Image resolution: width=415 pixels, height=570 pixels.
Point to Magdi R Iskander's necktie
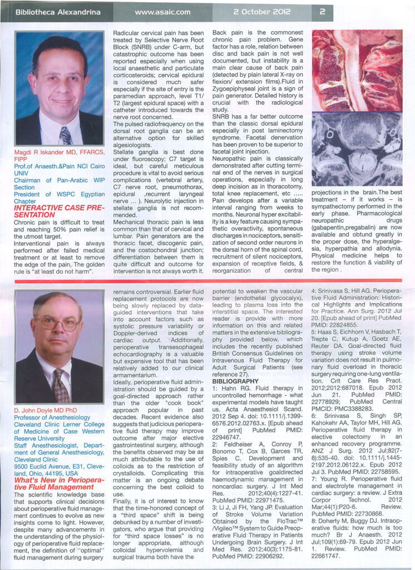65,135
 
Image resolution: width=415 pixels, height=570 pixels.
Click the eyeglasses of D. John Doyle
57,323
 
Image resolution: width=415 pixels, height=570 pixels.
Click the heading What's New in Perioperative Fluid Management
58,484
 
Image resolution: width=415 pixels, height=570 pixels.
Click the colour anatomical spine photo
357,71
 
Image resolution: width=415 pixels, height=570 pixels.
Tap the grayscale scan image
357,149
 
